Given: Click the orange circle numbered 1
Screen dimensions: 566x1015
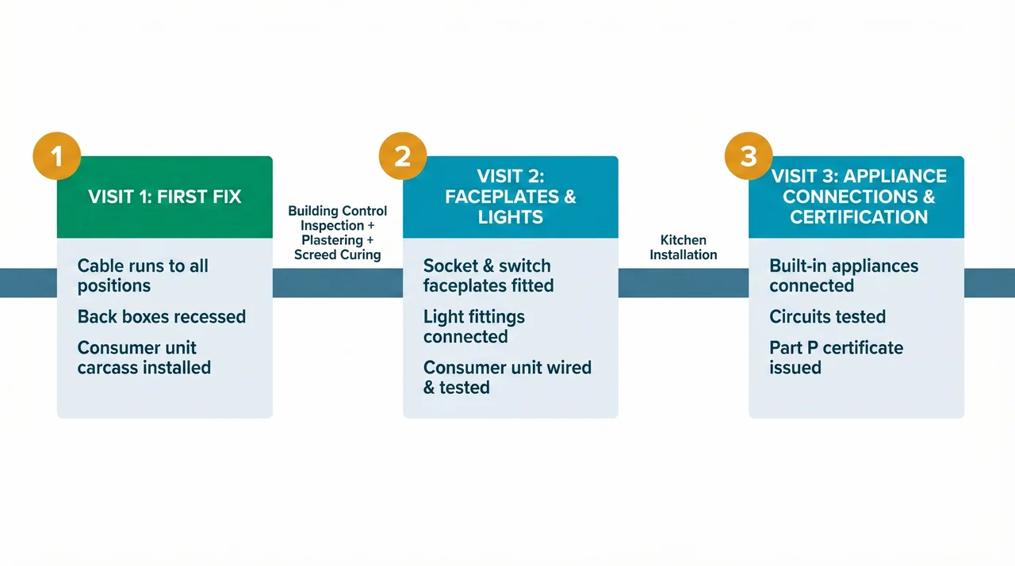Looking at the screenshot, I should point(57,156).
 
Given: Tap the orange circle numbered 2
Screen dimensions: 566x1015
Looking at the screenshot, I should point(403,156).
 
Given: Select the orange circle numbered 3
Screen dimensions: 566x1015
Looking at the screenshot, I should point(749,156).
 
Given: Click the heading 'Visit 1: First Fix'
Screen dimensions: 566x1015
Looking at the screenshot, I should point(165,197).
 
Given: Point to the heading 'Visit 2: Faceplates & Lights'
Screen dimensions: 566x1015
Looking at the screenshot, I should point(511,197).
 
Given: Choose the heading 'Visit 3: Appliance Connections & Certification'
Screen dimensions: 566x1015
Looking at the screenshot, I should point(859,197).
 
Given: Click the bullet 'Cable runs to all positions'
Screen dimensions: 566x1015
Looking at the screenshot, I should point(143,276).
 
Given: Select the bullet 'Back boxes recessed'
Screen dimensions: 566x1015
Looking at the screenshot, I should point(162,317).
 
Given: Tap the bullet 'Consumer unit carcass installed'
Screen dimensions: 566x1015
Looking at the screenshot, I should point(144,358).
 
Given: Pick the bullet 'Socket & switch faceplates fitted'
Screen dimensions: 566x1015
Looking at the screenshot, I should point(488,276).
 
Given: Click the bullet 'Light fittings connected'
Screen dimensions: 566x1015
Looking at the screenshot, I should point(474,327).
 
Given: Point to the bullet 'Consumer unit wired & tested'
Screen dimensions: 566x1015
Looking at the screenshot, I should point(507,377).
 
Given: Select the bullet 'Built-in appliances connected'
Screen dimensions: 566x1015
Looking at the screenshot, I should point(844,276).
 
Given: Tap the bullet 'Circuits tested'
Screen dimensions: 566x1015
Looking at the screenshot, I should point(827,317).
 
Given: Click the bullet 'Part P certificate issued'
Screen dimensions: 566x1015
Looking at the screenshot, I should point(836,358).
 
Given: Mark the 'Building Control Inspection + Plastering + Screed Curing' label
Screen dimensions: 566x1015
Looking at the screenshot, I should point(338,233).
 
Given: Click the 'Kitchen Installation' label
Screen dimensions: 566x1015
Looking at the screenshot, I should point(683,247).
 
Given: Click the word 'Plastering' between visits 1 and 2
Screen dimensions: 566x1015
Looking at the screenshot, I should point(332,240).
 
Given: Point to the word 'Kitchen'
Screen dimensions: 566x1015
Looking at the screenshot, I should point(683,240).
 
